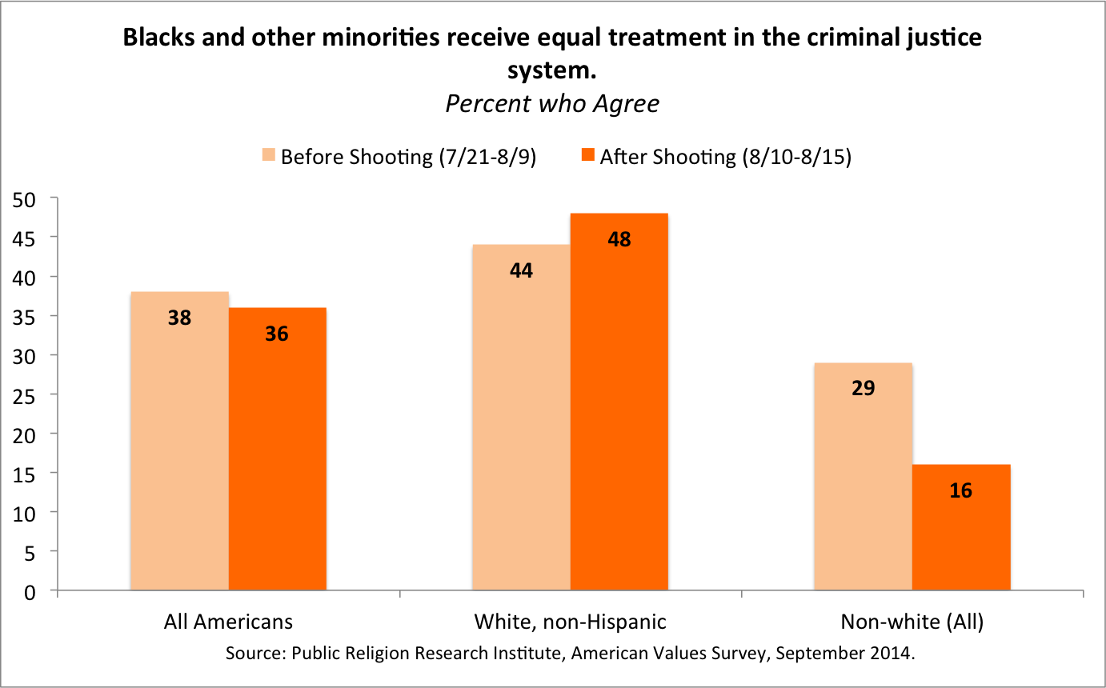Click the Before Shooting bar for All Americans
[x=179, y=442]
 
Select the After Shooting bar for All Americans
[x=277, y=450]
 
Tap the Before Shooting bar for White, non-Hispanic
[x=521, y=418]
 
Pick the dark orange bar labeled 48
[x=619, y=402]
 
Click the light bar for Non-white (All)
[x=863, y=477]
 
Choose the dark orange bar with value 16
[x=960, y=528]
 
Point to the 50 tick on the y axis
[x=28, y=198]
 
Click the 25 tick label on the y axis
[x=28, y=395]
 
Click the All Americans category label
[x=228, y=622]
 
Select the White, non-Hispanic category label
[x=570, y=622]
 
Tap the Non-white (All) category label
[x=912, y=622]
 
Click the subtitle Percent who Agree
[x=552, y=104]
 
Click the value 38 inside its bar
[x=179, y=318]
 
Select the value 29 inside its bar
[x=863, y=389]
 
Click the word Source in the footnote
[x=251, y=653]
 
